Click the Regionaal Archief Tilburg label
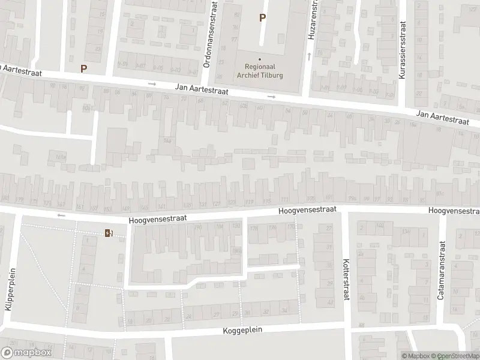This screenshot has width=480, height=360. click(259, 72)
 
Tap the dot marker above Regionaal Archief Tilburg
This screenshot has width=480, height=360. click(260, 59)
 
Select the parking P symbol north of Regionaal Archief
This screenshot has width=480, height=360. click(262, 18)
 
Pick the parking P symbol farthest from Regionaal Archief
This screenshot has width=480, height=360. click(83, 68)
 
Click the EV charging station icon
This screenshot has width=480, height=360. click(109, 233)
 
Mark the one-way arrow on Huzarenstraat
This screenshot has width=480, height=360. click(310, 56)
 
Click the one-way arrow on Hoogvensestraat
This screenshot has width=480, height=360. click(60, 215)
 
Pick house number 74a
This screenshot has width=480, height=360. click(167, 141)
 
